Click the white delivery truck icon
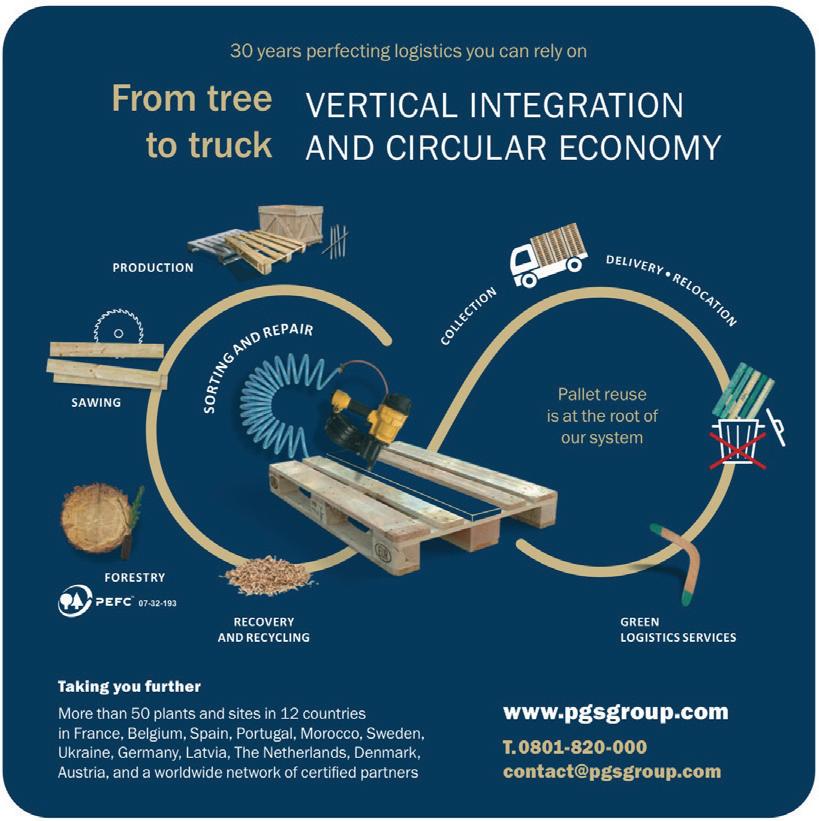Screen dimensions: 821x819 point(547,255)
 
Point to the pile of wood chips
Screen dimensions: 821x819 point(267,576)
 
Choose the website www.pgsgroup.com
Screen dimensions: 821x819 point(615,713)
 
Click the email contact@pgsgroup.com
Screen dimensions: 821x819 point(612,771)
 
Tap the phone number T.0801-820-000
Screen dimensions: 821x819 point(574,746)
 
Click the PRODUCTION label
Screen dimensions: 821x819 point(153,268)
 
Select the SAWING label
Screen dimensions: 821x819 point(96,403)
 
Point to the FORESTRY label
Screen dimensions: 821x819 point(135,578)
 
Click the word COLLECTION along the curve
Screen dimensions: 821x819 point(469,316)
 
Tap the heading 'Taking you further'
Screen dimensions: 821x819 point(129,687)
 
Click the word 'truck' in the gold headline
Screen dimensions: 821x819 point(209,144)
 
